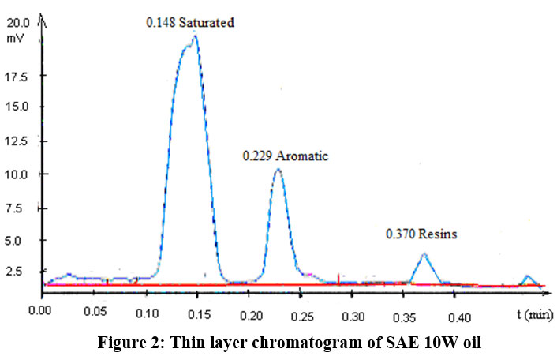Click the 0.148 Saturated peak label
[x=190, y=23]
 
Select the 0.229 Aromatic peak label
[x=285, y=156]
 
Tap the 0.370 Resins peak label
[x=421, y=234]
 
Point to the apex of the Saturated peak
[x=195, y=36]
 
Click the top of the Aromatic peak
[x=278, y=170]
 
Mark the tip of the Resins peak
[x=424, y=253]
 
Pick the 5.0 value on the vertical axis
[x=22, y=240]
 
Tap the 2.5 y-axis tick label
[x=22, y=272]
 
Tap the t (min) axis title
[x=534, y=315]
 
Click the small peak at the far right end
[x=527, y=276]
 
